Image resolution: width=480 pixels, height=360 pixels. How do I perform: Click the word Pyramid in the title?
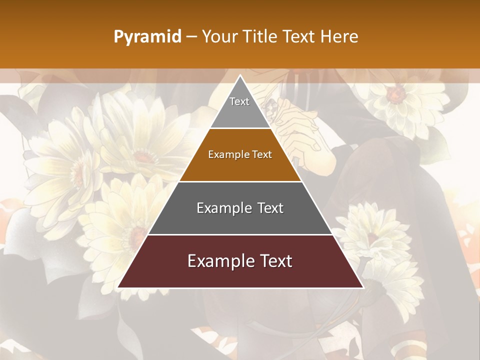(147, 37)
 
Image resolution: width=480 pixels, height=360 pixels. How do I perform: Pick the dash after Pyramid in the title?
(191, 37)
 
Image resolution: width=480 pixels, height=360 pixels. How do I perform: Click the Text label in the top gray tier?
(239, 101)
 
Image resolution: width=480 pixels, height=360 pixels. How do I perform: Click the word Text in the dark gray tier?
(270, 208)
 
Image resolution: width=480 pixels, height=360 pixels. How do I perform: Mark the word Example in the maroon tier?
(218, 261)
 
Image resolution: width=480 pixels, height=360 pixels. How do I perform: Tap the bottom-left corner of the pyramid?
(118, 287)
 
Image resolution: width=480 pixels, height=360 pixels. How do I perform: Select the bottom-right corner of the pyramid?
(362, 287)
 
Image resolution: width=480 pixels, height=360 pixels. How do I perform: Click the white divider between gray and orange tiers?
(240, 128)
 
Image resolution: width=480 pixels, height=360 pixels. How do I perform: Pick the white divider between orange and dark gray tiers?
(240, 181)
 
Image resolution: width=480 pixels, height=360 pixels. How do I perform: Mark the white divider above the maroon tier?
(240, 234)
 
